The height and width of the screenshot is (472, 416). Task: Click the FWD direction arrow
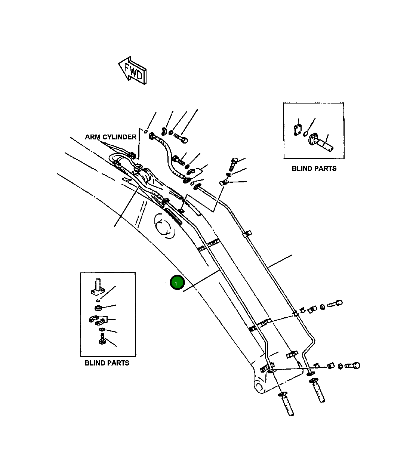133,70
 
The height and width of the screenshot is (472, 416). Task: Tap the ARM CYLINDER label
111,137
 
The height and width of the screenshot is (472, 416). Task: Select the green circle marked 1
176,283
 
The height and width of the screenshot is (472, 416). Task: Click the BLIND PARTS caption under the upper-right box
314,169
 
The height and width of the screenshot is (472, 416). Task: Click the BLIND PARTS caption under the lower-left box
107,363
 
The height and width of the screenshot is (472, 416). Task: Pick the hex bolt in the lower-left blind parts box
102,340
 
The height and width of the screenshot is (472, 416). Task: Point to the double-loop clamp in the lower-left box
98,320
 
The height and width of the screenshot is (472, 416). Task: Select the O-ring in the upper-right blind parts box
306,134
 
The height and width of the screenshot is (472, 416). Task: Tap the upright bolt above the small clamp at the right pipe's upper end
234,164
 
